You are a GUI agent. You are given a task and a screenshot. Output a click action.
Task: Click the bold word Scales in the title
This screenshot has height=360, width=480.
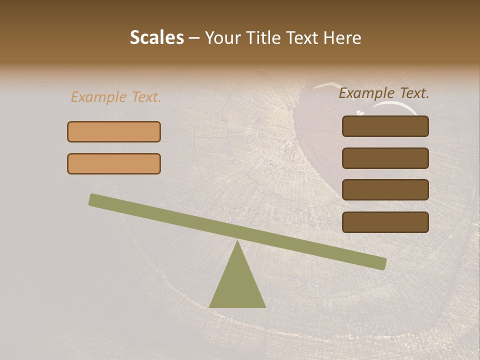[x=157, y=37]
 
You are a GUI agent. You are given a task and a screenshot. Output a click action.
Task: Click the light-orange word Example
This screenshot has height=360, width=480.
[x=99, y=97]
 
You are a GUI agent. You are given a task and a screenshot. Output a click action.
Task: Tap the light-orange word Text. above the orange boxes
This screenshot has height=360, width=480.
[x=146, y=97]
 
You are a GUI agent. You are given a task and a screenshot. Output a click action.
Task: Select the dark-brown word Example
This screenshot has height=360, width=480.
[x=367, y=93]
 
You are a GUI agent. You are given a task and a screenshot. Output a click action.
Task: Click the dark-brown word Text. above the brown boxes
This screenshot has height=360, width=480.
[x=414, y=93]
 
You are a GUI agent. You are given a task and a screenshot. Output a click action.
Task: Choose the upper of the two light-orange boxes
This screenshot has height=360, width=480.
[x=114, y=131]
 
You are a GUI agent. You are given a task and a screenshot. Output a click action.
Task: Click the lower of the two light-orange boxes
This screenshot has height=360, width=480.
[x=114, y=163]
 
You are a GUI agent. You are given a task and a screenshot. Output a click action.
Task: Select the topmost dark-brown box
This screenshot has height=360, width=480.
[x=385, y=126]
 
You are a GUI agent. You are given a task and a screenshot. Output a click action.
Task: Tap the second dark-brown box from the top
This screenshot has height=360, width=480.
[x=385, y=158]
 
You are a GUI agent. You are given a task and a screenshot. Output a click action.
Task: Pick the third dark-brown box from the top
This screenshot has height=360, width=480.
[x=385, y=189]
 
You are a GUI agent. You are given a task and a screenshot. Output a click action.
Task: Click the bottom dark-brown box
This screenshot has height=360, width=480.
[x=385, y=222]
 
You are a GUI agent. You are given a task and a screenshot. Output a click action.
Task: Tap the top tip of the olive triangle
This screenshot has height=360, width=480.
[x=237, y=241]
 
